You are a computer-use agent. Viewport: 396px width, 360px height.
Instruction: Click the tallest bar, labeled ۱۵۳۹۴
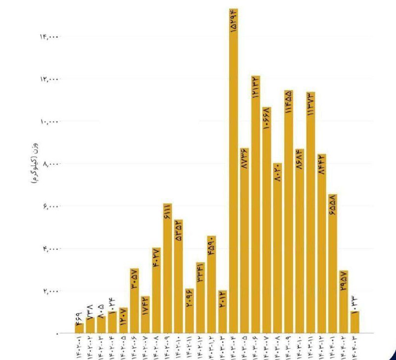pyautogui.click(x=234, y=173)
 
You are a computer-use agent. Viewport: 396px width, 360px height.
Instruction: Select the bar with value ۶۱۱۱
pyautogui.click(x=168, y=267)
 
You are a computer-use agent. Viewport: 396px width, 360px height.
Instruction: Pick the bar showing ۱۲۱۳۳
pyautogui.click(x=255, y=208)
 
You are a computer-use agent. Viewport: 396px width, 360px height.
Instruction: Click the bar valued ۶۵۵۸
pyautogui.click(x=333, y=262)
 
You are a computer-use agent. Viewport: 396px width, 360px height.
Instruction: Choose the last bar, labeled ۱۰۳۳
pyautogui.click(x=354, y=322)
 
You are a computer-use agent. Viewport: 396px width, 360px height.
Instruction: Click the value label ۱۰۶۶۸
pyautogui.click(x=266, y=119)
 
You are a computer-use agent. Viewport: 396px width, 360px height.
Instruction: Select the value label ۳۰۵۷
pyautogui.click(x=135, y=279)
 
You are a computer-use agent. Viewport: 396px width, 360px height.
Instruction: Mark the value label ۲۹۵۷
pyautogui.click(x=344, y=282)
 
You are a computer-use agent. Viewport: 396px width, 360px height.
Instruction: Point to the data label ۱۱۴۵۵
pyautogui.click(x=288, y=103)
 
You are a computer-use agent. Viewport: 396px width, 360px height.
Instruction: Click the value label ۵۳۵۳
pyautogui.click(x=179, y=230)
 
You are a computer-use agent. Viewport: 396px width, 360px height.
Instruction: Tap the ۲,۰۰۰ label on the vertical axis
pyautogui.click(x=50, y=291)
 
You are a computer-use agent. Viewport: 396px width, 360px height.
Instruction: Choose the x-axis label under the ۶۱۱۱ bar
pyautogui.click(x=168, y=347)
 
